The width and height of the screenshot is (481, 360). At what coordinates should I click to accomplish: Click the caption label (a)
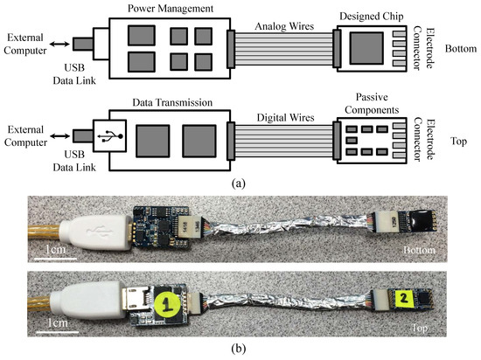241,184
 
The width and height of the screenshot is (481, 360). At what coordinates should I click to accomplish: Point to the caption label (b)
241,347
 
